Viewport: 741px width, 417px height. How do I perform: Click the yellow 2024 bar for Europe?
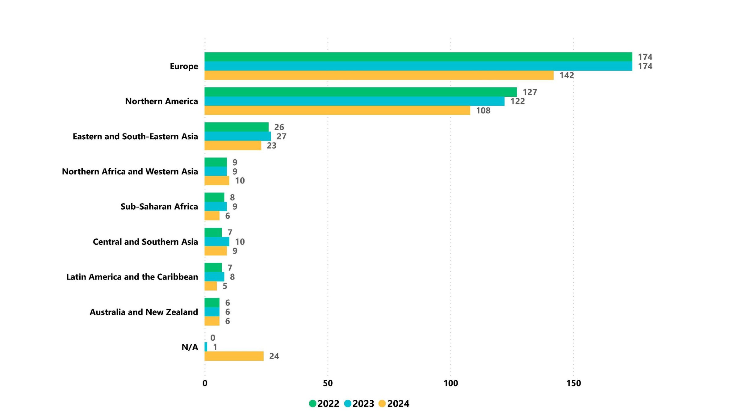tap(379, 75)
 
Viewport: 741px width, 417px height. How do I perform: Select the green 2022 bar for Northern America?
tap(360, 92)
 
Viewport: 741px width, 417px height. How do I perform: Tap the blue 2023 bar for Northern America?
tap(354, 101)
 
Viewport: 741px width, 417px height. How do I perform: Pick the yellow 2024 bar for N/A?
tap(234, 356)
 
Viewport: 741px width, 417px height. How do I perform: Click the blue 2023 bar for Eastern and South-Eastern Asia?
tap(237, 136)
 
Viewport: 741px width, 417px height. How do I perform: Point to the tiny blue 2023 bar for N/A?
tap(206, 347)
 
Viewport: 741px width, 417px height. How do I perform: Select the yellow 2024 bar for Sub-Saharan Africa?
tap(212, 216)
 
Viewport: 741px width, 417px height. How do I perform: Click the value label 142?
tap(567, 75)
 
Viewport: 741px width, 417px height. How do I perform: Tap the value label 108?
tap(483, 111)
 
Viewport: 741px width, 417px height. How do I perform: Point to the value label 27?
tap(281, 136)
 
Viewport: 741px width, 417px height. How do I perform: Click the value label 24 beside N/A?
tap(274, 356)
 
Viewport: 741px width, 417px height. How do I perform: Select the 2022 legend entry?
tap(324, 403)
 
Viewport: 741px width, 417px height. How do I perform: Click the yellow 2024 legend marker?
tap(382, 403)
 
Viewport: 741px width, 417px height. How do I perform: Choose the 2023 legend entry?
tap(359, 403)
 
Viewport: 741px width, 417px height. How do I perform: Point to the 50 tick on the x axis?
tap(328, 383)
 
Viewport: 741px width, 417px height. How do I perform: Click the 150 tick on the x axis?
tap(573, 383)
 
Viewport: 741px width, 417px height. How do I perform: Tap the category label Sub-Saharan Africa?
tap(159, 206)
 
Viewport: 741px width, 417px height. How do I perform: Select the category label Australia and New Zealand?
tap(144, 312)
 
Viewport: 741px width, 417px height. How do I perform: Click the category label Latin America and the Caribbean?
tap(132, 277)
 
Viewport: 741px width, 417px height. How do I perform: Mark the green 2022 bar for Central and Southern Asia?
tap(213, 232)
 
